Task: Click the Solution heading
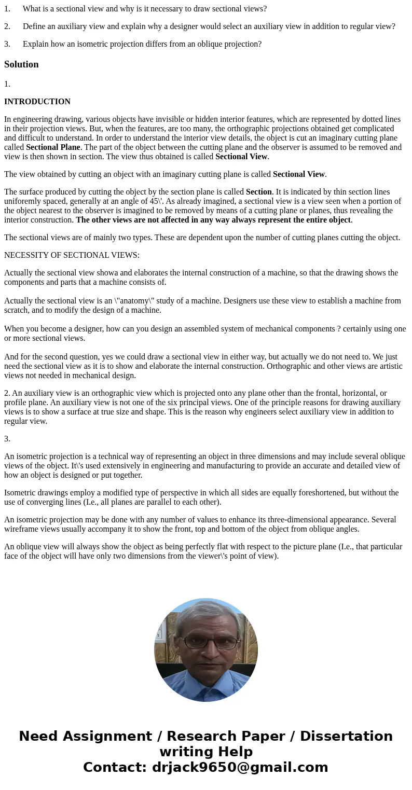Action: pyautogui.click(x=21, y=64)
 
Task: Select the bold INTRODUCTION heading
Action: pyautogui.click(x=37, y=102)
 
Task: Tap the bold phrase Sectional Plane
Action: pyautogui.click(x=53, y=147)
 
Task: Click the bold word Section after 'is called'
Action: pyautogui.click(x=258, y=192)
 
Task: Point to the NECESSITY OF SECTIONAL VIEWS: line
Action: pyautogui.click(x=72, y=255)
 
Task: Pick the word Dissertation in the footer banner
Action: pyautogui.click(x=346, y=736)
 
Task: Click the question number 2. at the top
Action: pyautogui.click(x=7, y=26)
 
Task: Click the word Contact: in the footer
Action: pyautogui.click(x=115, y=767)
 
